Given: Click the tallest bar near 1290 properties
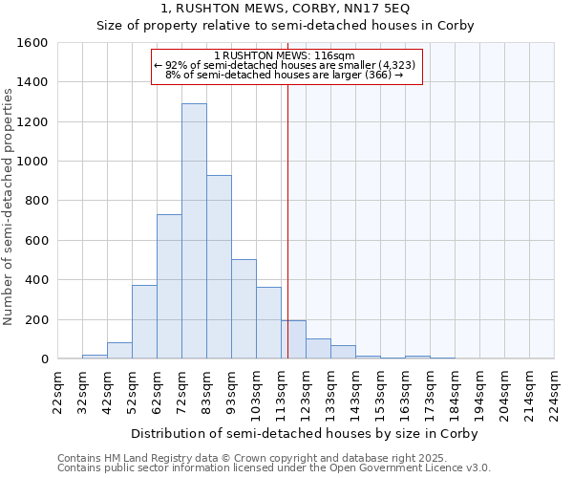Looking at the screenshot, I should [194, 231].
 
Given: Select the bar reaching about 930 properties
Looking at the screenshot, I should [219, 267].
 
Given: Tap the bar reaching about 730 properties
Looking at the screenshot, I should [169, 287].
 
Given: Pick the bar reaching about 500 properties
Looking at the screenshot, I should [244, 309].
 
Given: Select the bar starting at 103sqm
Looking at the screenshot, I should [268, 323].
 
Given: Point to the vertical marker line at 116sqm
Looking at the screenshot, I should [287, 220].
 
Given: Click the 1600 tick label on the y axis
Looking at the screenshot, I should [32, 43].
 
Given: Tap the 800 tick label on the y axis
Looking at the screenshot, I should [35, 201].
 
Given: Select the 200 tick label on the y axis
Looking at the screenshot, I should [35, 319].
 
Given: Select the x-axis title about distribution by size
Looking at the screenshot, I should [306, 433].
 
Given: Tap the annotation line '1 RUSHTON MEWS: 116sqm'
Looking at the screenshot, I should [286, 56].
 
